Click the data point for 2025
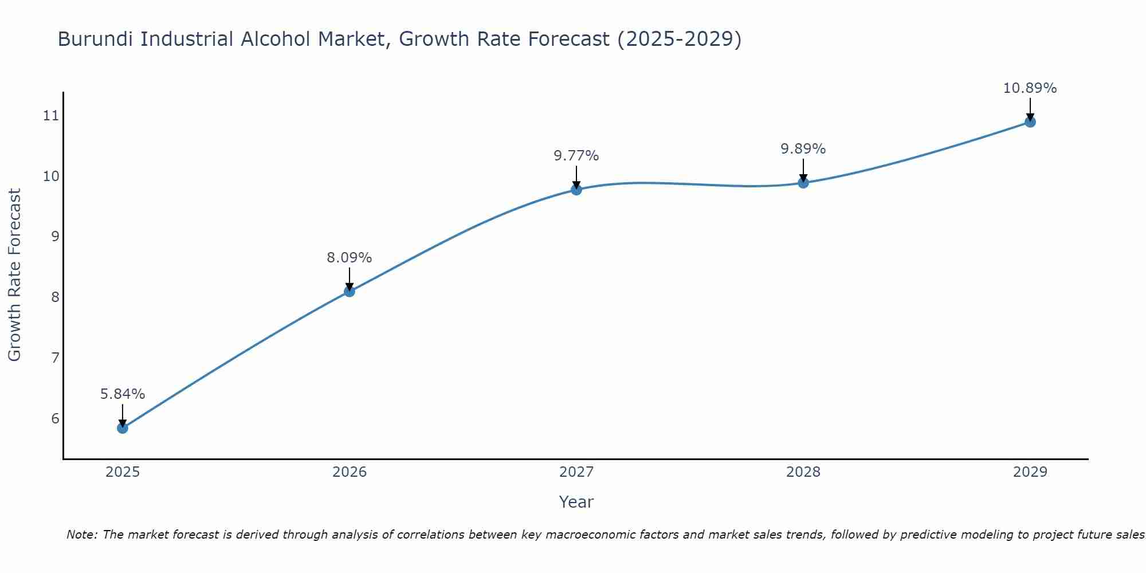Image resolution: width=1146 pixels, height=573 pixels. [123, 428]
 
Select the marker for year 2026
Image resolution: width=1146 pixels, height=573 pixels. [350, 292]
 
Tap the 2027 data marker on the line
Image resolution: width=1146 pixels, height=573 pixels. [576, 190]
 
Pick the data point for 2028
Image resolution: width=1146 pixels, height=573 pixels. [803, 183]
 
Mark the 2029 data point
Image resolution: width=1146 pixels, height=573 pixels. [1030, 122]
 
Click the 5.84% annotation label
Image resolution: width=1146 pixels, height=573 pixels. [123, 394]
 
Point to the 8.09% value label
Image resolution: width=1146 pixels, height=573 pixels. [350, 258]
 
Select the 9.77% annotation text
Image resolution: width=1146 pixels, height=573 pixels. [576, 156]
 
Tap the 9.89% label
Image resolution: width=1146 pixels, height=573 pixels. [803, 149]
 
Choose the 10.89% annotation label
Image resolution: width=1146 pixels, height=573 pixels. [1030, 88]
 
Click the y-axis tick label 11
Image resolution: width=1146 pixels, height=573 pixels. [51, 116]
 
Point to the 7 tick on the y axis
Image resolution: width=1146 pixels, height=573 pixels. [55, 358]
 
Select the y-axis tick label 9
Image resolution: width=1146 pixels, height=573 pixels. [55, 237]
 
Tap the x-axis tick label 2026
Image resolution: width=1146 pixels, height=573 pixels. [350, 472]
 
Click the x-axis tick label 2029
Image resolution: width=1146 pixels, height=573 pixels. [1030, 472]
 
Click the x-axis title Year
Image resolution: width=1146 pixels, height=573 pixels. [576, 502]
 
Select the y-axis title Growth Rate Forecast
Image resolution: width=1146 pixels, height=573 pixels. [15, 275]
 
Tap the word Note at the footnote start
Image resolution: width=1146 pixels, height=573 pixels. [82, 535]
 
